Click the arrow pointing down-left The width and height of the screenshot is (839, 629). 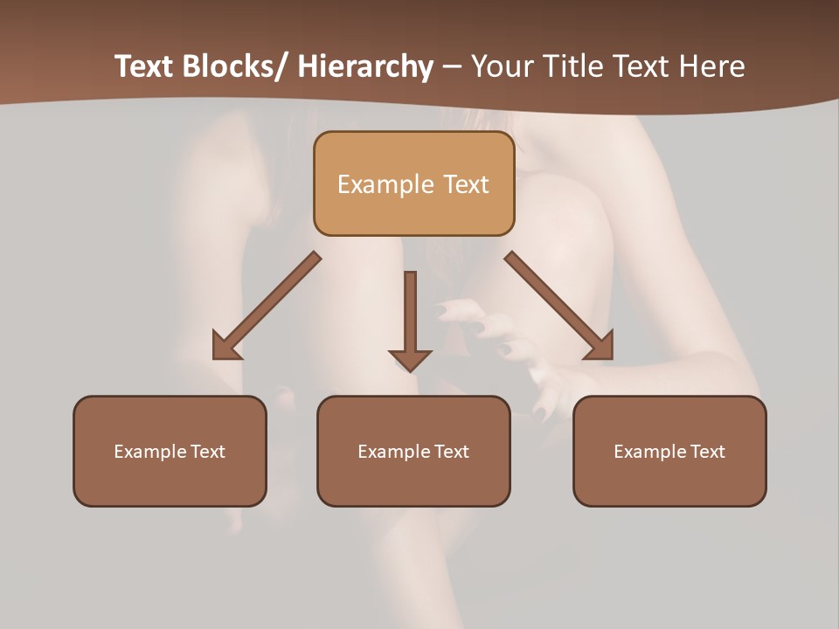point(266,306)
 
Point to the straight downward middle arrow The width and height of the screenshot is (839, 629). point(410,314)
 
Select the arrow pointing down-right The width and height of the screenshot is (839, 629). point(559,306)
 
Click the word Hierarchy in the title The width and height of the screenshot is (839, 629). point(365,66)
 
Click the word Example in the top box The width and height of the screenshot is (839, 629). point(385,184)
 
